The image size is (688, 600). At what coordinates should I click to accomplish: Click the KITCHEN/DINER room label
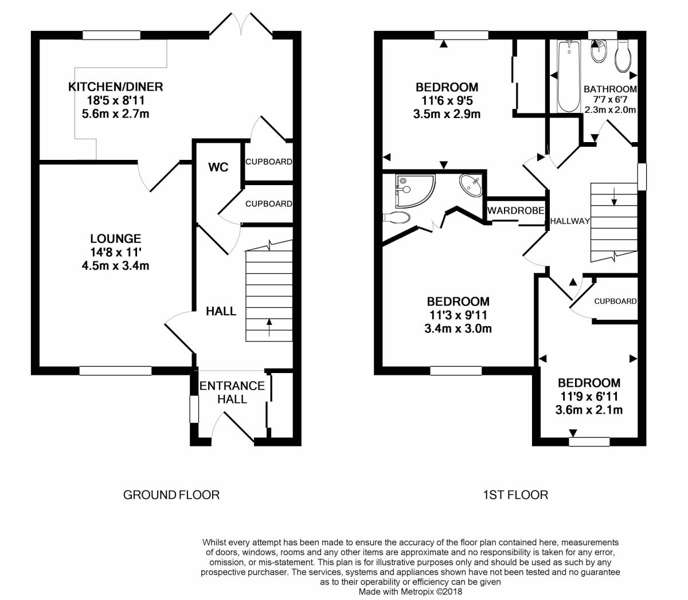[x=115, y=87]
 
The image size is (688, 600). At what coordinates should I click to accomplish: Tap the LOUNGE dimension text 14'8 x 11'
[x=115, y=252]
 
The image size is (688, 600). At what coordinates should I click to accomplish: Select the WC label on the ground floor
[x=218, y=167]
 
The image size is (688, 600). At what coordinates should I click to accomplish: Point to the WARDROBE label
[x=515, y=211]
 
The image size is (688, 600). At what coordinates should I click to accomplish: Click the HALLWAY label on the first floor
[x=570, y=221]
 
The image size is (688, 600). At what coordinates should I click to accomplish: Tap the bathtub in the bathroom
[x=569, y=76]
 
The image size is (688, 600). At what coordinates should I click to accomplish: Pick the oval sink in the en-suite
[x=471, y=185]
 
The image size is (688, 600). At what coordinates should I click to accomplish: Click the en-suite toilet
[x=396, y=218]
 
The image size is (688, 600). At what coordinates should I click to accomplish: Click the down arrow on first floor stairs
[x=614, y=197]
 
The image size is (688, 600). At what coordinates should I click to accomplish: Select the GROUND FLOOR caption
[x=171, y=495]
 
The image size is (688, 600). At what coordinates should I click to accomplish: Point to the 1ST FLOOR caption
[x=515, y=495]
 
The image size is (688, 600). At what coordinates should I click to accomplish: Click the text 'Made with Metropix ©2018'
[x=411, y=591]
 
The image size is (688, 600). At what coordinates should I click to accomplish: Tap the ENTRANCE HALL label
[x=232, y=393]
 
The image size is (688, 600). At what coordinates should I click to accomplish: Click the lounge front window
[x=115, y=371]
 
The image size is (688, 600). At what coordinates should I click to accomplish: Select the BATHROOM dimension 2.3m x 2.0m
[x=610, y=110]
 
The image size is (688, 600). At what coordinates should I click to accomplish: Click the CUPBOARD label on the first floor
[x=615, y=301]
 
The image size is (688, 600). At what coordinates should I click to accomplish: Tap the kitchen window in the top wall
[x=112, y=35]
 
